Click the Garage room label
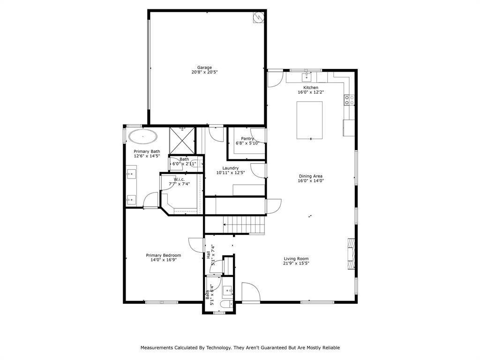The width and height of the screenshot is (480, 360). coord(204,67)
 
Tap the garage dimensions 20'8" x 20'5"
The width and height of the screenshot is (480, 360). coord(204,73)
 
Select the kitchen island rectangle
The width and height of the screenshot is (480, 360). coord(309,120)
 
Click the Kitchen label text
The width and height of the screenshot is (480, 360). coord(310,88)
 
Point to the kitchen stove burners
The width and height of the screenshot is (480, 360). coord(349,99)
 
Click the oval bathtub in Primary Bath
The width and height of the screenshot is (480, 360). coord(143,137)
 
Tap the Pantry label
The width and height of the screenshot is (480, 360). coord(247,138)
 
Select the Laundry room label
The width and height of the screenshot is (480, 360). coord(231,168)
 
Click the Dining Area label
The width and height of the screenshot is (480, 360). coord(311,176)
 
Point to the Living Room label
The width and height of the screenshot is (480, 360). coord(296,258)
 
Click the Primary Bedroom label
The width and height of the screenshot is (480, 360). coord(163,255)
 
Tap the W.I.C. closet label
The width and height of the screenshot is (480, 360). coord(179,179)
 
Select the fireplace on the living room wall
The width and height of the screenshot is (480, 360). coord(351,254)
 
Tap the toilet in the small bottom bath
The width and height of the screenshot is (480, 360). coord(227,305)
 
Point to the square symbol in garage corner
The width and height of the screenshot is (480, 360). coord(259,17)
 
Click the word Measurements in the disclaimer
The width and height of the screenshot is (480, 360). coord(157,348)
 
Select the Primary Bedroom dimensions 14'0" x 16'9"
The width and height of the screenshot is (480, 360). coord(163,261)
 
